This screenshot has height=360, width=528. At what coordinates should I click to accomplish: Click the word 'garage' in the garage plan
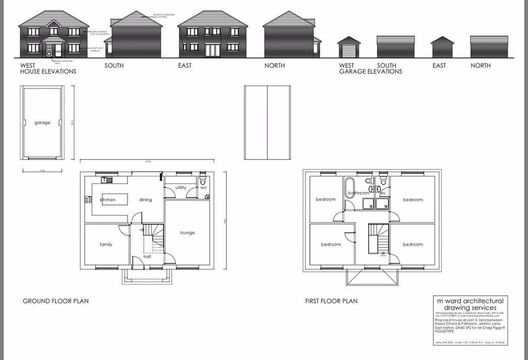(x=42, y=123)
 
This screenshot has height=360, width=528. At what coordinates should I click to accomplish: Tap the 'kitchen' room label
(x=107, y=200)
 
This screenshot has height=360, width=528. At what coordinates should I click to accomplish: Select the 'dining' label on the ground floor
(x=145, y=200)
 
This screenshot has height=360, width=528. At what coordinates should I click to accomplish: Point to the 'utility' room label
(x=181, y=188)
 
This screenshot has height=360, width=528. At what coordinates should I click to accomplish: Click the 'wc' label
(x=204, y=188)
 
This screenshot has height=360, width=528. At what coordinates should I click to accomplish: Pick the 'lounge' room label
(x=187, y=233)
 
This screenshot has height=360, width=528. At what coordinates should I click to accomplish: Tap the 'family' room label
(x=106, y=244)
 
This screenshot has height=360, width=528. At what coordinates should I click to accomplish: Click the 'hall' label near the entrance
(x=147, y=256)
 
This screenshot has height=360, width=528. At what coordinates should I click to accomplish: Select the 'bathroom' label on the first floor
(x=358, y=193)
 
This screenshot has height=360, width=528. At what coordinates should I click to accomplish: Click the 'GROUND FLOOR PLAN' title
(x=56, y=301)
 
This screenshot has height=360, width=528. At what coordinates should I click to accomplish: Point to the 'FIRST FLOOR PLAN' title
(x=331, y=301)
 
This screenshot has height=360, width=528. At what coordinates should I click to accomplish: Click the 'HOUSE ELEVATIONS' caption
(x=48, y=71)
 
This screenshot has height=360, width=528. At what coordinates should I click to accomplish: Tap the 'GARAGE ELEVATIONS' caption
(x=370, y=71)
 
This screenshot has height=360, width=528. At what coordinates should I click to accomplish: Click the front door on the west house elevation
(x=50, y=51)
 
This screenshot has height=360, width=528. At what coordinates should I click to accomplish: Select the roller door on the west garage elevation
(x=348, y=51)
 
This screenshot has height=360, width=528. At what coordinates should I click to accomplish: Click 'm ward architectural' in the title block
(x=470, y=301)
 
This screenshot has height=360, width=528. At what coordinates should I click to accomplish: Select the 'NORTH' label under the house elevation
(x=274, y=65)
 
